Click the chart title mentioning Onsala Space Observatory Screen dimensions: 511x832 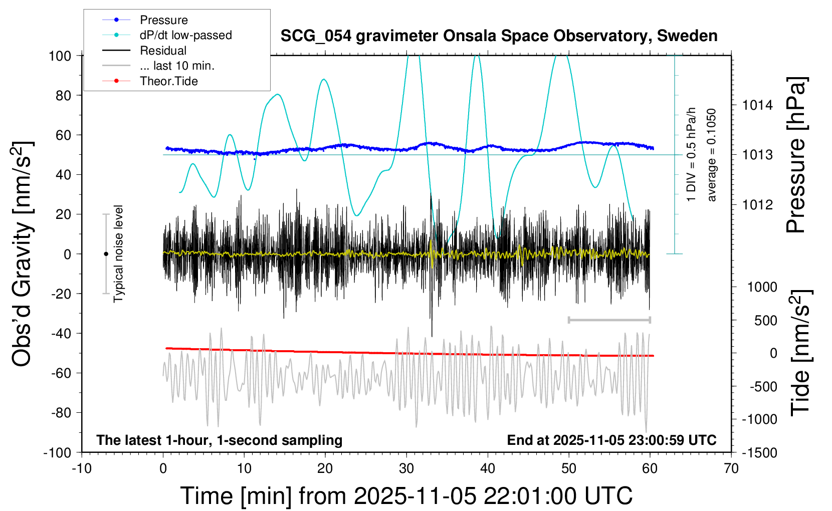click(499, 36)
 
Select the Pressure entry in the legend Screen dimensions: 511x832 click(163, 20)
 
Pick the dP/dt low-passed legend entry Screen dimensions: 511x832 click(185, 35)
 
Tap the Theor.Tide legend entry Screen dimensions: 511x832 click(168, 81)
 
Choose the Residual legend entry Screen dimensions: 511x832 click(163, 51)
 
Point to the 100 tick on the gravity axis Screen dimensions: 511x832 click(60, 56)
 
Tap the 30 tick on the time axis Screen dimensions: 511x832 click(406, 468)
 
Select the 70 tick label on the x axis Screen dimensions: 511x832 click(731, 468)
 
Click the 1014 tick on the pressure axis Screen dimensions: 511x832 click(757, 105)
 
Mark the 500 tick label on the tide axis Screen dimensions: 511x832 click(765, 321)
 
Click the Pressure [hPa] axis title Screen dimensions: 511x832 click(795, 155)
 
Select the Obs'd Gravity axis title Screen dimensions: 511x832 click(23, 254)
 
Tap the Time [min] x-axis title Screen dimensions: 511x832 click(406, 496)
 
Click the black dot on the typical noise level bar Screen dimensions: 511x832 click(106, 254)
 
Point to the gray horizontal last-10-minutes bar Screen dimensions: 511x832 click(609, 320)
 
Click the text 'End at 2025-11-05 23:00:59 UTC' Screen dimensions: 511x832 click(611, 440)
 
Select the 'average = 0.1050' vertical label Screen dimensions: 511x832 click(712, 155)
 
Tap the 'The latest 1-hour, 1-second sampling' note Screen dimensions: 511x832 click(220, 440)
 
